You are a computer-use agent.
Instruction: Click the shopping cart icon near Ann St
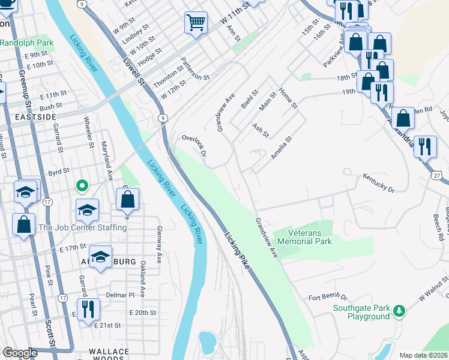coord(196,23)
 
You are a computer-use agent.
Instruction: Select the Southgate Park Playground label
coord(362,313)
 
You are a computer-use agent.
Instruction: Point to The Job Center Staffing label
coord(82,227)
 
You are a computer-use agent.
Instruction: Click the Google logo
coord(20,353)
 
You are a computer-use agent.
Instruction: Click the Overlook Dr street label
coord(194,146)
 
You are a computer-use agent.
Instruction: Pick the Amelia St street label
coord(280,148)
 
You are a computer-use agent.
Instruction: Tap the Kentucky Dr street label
coord(379,183)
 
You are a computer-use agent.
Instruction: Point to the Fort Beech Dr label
coord(328,297)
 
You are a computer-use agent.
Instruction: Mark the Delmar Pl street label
coord(119,295)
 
